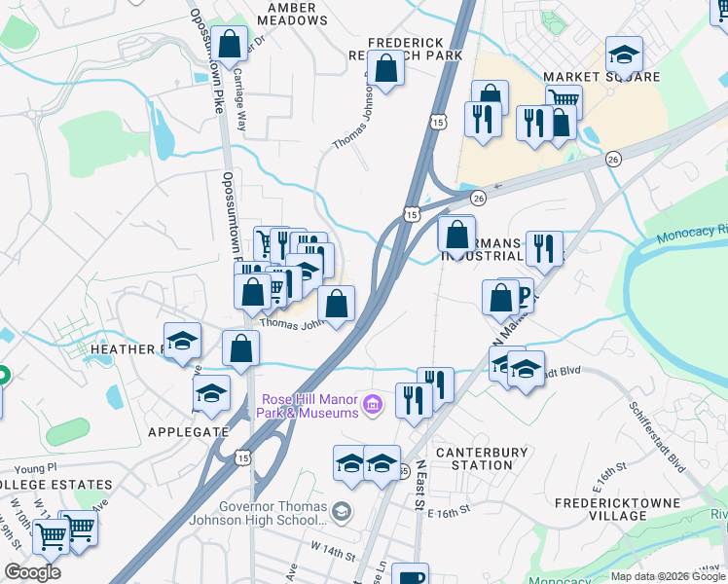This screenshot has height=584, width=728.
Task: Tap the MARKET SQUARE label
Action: coord(601,77)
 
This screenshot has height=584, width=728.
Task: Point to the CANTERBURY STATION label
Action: coord(481,458)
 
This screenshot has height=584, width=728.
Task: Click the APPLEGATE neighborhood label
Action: coord(188,431)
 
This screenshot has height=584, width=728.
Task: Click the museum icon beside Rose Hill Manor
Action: coord(371,404)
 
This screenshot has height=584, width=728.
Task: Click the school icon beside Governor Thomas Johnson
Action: coord(341,510)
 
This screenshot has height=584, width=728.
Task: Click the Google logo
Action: coord(32,572)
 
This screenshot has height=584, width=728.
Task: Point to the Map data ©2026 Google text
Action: coord(667,576)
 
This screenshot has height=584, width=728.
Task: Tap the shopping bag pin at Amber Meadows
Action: coord(229,44)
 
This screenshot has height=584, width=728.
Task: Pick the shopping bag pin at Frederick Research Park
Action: coord(386,69)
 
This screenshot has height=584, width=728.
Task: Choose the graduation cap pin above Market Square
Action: coord(624,54)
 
